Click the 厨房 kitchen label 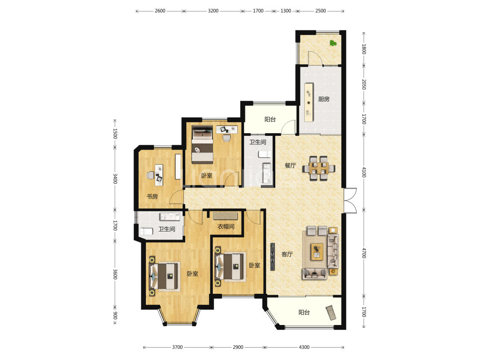(x=323, y=99)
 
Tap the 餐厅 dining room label (x=290, y=165)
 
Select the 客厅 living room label (x=287, y=254)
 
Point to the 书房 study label (x=152, y=196)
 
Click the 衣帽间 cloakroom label (x=226, y=226)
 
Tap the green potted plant (x=333, y=43)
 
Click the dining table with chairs (x=319, y=168)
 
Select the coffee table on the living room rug (x=317, y=252)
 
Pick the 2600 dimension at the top (x=160, y=11)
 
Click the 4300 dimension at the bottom (x=304, y=347)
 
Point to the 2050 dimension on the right (x=364, y=84)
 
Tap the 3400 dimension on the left (x=115, y=179)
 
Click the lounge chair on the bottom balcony (x=331, y=313)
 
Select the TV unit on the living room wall (x=273, y=257)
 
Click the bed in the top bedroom (x=202, y=145)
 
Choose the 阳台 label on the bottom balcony (x=304, y=312)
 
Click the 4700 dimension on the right (x=364, y=253)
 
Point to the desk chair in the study (x=150, y=175)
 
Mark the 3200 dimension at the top (x=213, y=11)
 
